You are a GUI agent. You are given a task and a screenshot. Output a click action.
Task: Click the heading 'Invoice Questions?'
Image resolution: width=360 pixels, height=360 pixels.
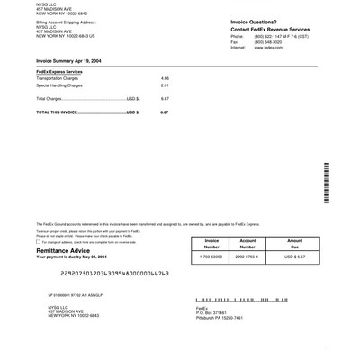click(x=229, y=20)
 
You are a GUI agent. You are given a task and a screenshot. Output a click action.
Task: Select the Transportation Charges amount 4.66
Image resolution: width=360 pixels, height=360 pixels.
click(x=165, y=78)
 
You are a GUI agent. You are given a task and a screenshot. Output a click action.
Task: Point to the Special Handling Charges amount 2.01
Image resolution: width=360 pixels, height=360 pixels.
click(x=165, y=85)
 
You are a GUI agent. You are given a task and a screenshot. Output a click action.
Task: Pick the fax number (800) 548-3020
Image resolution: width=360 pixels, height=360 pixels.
click(x=268, y=41)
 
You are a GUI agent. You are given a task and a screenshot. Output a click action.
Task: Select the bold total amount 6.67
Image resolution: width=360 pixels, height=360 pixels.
click(x=165, y=112)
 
